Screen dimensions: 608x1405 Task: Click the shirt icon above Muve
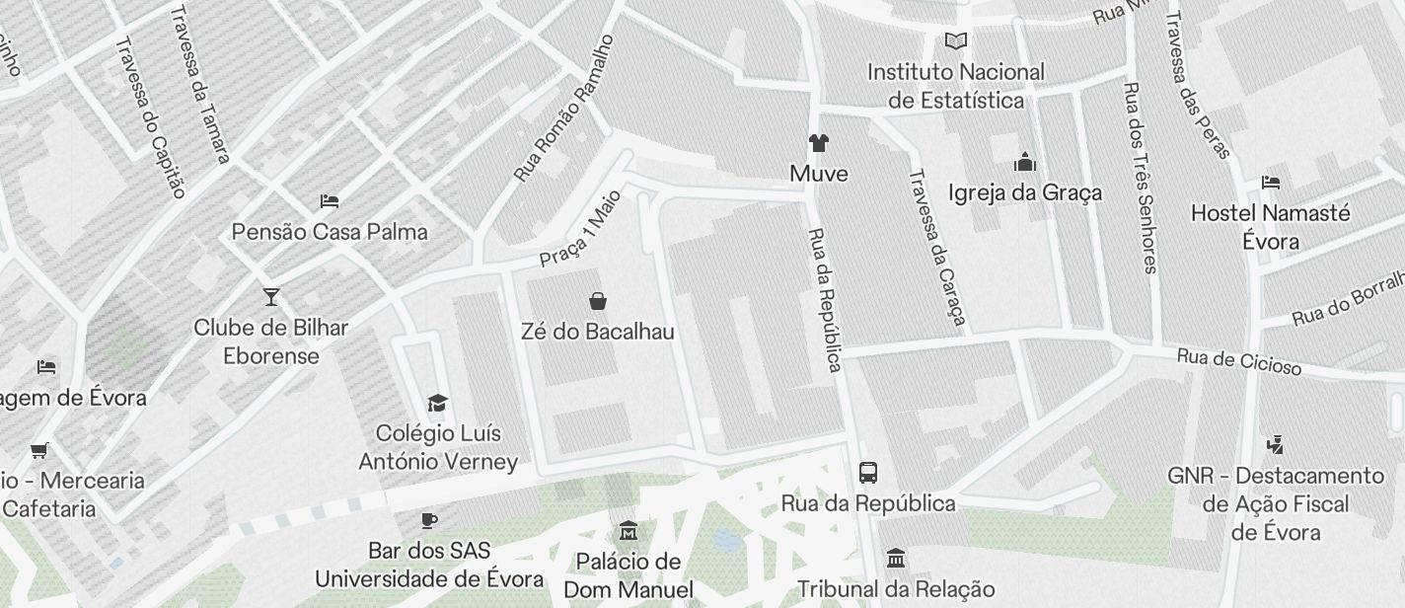[x=818, y=143]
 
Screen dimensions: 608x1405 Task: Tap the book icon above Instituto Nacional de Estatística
[x=955, y=41]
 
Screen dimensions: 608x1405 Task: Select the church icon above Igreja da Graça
[x=1025, y=162]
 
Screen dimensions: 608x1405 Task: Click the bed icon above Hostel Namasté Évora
[x=1271, y=183]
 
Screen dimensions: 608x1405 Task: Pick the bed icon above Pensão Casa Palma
[x=330, y=201]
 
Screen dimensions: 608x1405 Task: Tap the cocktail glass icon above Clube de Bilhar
[x=271, y=296]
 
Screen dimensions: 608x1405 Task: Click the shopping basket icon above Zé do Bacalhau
[x=597, y=301]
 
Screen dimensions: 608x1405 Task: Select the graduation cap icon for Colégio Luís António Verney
[x=437, y=403]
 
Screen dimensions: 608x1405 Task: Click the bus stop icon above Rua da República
[x=868, y=473]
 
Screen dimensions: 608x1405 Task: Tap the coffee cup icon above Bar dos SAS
[x=428, y=520]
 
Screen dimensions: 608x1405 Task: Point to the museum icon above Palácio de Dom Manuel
[x=628, y=531]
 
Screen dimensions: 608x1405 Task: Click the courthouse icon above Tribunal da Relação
[x=896, y=559]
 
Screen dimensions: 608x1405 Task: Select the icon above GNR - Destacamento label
[x=1275, y=445]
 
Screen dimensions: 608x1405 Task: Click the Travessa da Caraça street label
[x=936, y=250]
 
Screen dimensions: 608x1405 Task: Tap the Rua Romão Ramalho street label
[x=564, y=109]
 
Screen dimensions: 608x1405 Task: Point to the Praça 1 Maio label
[x=580, y=228]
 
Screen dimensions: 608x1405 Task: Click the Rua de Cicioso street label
[x=1238, y=362]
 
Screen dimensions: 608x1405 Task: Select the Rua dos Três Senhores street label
[x=1139, y=178]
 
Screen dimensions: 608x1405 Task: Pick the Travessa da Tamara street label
[x=200, y=84]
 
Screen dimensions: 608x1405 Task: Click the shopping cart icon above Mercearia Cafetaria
[x=39, y=451]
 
